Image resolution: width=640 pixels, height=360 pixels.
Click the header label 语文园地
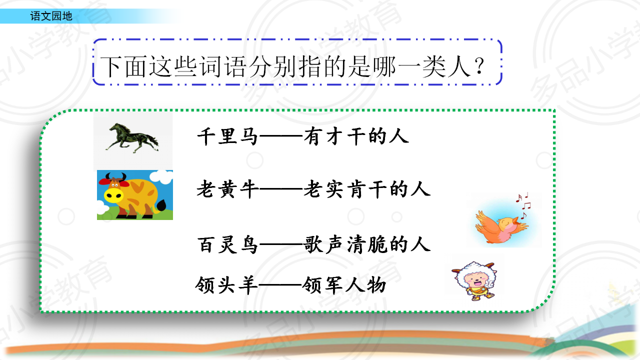coord(51,16)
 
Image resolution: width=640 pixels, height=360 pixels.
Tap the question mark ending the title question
coord(480,66)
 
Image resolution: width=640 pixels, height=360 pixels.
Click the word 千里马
coord(227,136)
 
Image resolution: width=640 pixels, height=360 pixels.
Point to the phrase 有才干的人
coord(356,136)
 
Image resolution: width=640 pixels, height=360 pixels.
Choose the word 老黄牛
coord(227,189)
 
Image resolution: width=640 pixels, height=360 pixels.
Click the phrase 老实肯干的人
coord(367,189)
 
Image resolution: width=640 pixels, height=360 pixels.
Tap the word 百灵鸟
coord(227,244)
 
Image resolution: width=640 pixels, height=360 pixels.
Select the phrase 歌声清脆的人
coord(367,244)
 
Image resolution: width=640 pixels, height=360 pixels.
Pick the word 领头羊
coord(226,285)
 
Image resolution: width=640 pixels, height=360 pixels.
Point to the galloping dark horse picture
coord(132,137)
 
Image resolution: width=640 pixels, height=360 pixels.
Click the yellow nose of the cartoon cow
coord(113,195)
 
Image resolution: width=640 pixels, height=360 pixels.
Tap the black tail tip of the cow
coord(161,205)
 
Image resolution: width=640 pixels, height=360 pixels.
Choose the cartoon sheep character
coord(474,280)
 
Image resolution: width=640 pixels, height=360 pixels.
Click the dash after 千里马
coord(280,136)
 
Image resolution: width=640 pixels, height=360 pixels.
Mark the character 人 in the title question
coord(459,66)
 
